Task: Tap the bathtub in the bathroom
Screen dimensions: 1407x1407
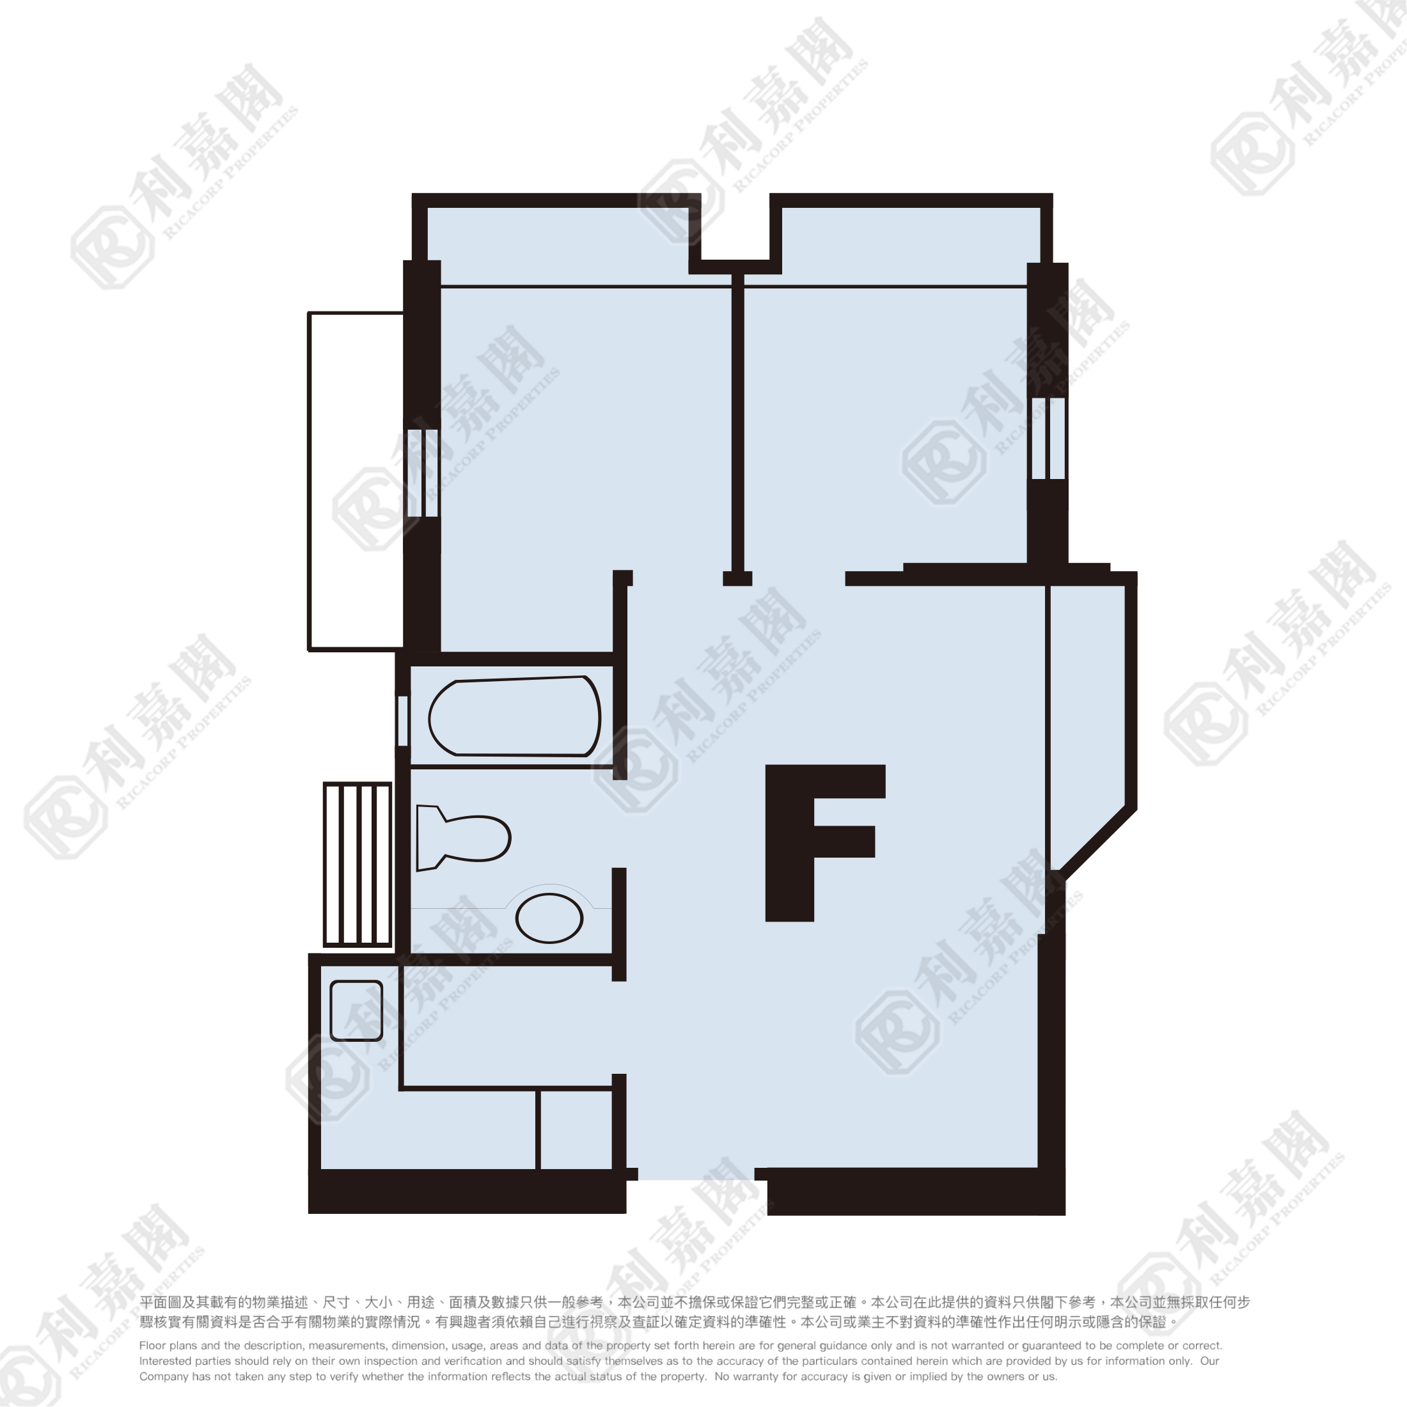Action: click(514, 716)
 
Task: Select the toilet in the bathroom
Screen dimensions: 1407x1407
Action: click(462, 838)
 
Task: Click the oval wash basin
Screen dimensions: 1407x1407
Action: click(549, 918)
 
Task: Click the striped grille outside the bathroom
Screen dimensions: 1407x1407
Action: click(358, 865)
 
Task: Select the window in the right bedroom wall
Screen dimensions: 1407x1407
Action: click(1048, 439)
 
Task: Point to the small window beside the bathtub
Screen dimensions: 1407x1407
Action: click(403, 720)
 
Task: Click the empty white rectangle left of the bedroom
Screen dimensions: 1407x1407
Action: click(356, 482)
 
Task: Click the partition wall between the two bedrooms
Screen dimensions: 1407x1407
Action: click(738, 429)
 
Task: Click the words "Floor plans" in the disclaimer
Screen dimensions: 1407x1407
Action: click(168, 1346)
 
